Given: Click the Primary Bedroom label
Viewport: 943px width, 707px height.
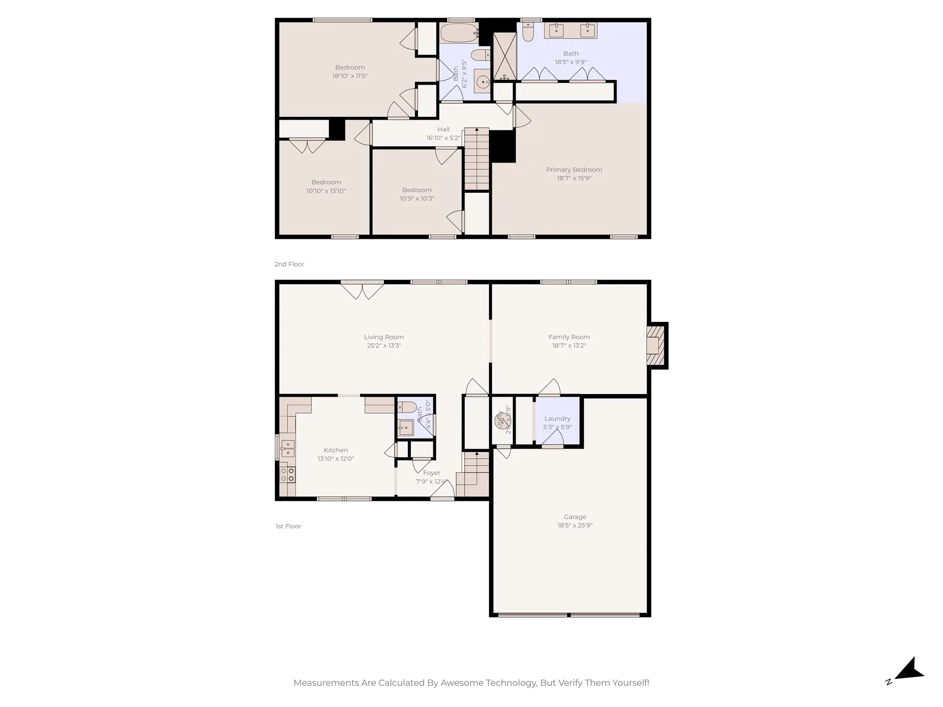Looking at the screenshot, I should (x=574, y=170).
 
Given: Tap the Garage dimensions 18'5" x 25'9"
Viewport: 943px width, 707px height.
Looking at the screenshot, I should (x=575, y=525).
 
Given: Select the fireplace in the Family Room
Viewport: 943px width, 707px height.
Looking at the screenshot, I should (x=656, y=346).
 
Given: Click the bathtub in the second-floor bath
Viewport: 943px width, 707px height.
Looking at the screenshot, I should (x=459, y=33).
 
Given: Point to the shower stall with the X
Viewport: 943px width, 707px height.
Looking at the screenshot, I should (x=505, y=56).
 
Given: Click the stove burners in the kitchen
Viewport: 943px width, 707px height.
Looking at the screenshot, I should (x=287, y=475).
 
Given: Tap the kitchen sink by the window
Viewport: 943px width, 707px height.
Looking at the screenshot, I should (x=287, y=448).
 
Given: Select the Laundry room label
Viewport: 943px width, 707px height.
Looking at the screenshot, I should (x=557, y=418).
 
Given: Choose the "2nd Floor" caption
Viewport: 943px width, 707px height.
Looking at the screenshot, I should (x=289, y=264).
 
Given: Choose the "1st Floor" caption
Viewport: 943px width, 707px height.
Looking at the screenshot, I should (x=288, y=526).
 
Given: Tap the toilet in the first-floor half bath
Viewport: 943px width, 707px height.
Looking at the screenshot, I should (x=407, y=407).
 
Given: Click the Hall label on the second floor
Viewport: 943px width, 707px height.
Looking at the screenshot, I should (x=443, y=129).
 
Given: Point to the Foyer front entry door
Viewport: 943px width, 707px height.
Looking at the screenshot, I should (x=442, y=493).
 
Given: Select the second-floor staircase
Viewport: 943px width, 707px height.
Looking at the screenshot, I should (x=476, y=159).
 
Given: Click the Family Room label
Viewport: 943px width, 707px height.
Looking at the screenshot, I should (x=569, y=337).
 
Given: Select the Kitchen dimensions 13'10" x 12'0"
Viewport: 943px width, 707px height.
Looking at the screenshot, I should (x=335, y=459).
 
